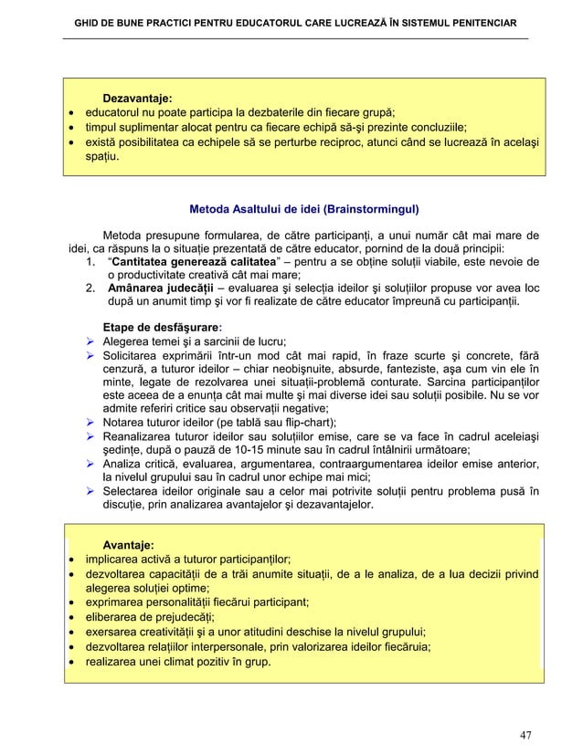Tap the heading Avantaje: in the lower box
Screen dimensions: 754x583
(x=127, y=545)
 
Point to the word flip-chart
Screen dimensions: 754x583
(x=309, y=422)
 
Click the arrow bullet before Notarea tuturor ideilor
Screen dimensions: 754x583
(x=90, y=422)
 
